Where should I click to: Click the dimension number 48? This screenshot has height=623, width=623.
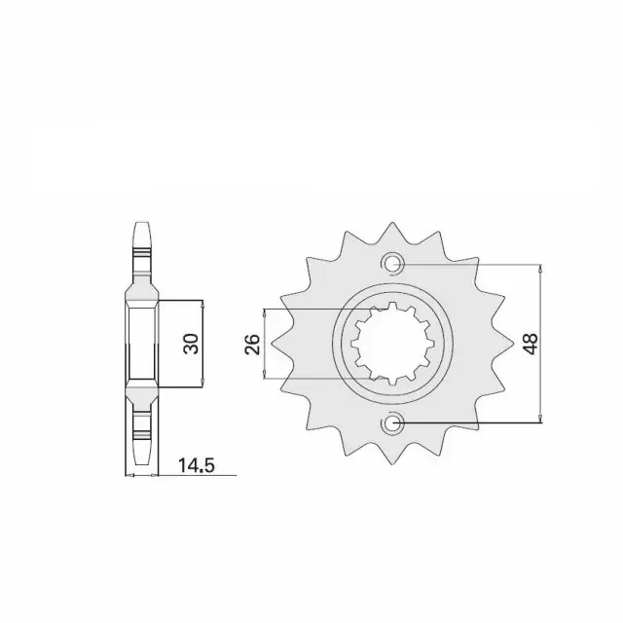[x=531, y=344]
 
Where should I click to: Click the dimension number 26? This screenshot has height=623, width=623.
[x=253, y=345]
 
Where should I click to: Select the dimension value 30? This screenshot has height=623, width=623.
[x=191, y=344]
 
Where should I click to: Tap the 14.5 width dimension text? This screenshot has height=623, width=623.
[x=197, y=465]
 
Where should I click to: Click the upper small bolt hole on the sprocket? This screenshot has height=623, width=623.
[x=393, y=264]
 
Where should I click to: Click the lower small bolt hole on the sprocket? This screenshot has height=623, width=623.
[x=393, y=422]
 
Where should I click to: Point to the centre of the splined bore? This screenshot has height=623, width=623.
[x=392, y=344]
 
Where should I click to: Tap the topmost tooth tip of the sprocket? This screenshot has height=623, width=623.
[x=392, y=223]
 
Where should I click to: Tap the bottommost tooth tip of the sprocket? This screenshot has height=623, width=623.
[x=392, y=463]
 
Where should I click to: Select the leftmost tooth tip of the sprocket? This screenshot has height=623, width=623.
[x=272, y=344]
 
